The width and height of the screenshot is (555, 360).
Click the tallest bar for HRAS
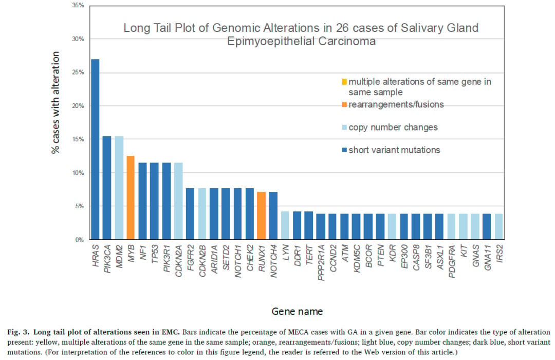(x=95, y=149)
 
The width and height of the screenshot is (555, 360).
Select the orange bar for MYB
(x=131, y=197)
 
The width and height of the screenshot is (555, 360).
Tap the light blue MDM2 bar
(x=119, y=188)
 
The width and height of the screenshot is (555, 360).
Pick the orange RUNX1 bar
(x=261, y=216)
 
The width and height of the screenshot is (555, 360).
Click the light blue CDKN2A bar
(x=178, y=201)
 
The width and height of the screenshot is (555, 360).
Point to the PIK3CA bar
(x=107, y=188)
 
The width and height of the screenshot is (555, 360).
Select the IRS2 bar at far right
(x=498, y=227)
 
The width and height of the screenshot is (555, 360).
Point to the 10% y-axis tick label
(x=78, y=173)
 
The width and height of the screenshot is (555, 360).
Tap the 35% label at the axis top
(x=78, y=5)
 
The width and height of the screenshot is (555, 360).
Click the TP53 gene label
(x=155, y=254)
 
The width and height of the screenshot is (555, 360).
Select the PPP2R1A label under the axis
(x=321, y=263)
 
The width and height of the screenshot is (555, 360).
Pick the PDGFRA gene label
(x=452, y=261)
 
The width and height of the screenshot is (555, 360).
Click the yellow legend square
(x=344, y=82)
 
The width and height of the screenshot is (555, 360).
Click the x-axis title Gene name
(x=297, y=312)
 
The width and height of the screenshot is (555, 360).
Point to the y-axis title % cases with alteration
(x=55, y=103)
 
